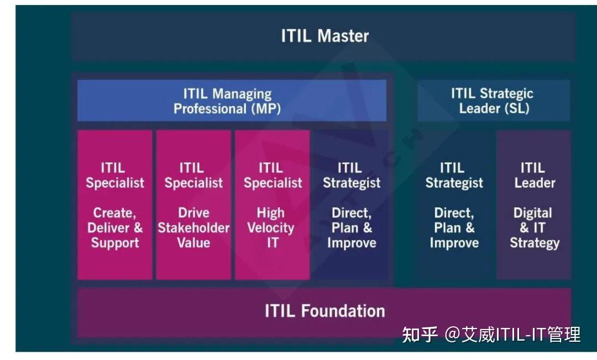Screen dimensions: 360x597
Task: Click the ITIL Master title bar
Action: pos(324,36)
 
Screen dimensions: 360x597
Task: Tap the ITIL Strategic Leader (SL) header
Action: pos(493,101)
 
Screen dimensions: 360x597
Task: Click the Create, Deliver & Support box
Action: pos(115,205)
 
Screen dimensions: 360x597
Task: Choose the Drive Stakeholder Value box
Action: pos(193,205)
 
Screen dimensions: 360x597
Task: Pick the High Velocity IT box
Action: pos(272,205)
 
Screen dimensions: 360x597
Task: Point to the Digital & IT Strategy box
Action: pos(534,205)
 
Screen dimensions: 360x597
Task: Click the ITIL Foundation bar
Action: pos(324,311)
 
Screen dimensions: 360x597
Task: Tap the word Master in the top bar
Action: pos(343,36)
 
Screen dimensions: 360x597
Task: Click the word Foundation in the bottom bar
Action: pos(343,311)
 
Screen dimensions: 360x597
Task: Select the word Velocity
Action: pos(271,228)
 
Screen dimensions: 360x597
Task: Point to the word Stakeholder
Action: pos(193,228)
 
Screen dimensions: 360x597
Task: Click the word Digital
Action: pos(533,213)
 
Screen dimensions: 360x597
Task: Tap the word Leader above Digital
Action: pos(535,182)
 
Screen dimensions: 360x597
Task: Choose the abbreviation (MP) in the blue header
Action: pos(266,108)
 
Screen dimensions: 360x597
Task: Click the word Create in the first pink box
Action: pos(114,213)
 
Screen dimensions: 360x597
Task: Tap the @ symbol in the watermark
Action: pos(453,335)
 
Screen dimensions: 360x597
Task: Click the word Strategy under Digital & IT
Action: pos(535,243)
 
